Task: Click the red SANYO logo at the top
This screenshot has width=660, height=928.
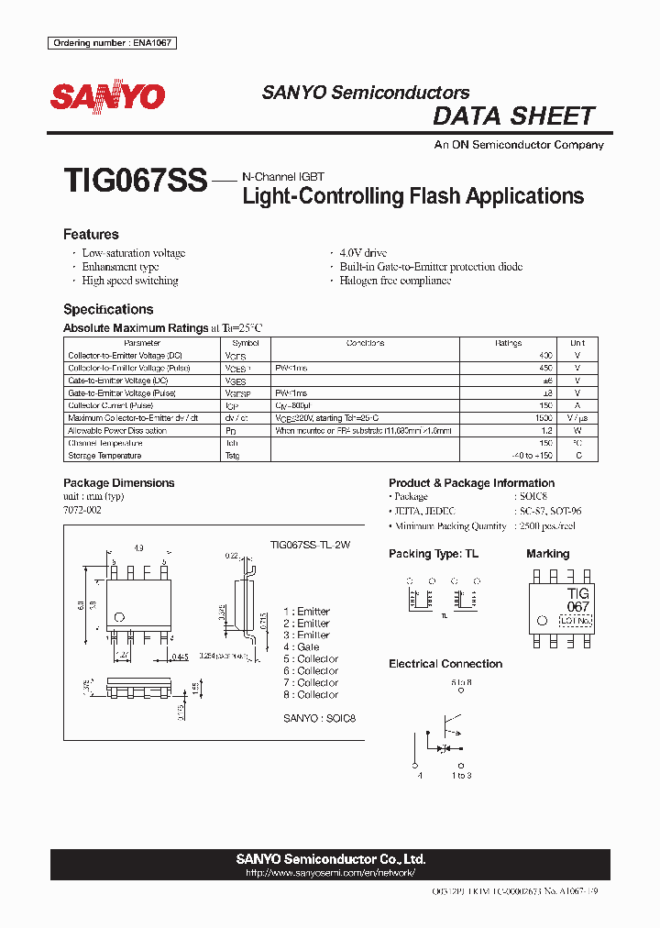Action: (x=107, y=96)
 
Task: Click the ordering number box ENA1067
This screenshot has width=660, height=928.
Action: (x=112, y=43)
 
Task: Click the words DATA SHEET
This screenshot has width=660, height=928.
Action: (x=513, y=116)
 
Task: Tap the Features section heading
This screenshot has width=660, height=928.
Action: (x=91, y=235)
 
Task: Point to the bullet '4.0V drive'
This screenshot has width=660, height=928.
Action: (x=363, y=253)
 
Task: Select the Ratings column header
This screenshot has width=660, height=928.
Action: (x=508, y=343)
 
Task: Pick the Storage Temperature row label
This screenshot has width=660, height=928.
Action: (x=104, y=456)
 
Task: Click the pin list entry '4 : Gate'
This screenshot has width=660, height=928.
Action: (x=302, y=646)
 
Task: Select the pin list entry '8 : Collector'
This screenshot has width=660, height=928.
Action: (x=311, y=694)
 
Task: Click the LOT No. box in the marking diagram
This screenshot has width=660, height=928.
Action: (x=577, y=621)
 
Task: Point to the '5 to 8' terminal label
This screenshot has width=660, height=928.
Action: (x=461, y=682)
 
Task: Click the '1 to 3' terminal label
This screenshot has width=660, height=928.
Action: (x=461, y=776)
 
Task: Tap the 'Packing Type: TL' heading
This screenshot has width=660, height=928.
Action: (x=433, y=554)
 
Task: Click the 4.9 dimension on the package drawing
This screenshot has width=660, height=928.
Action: (x=139, y=547)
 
